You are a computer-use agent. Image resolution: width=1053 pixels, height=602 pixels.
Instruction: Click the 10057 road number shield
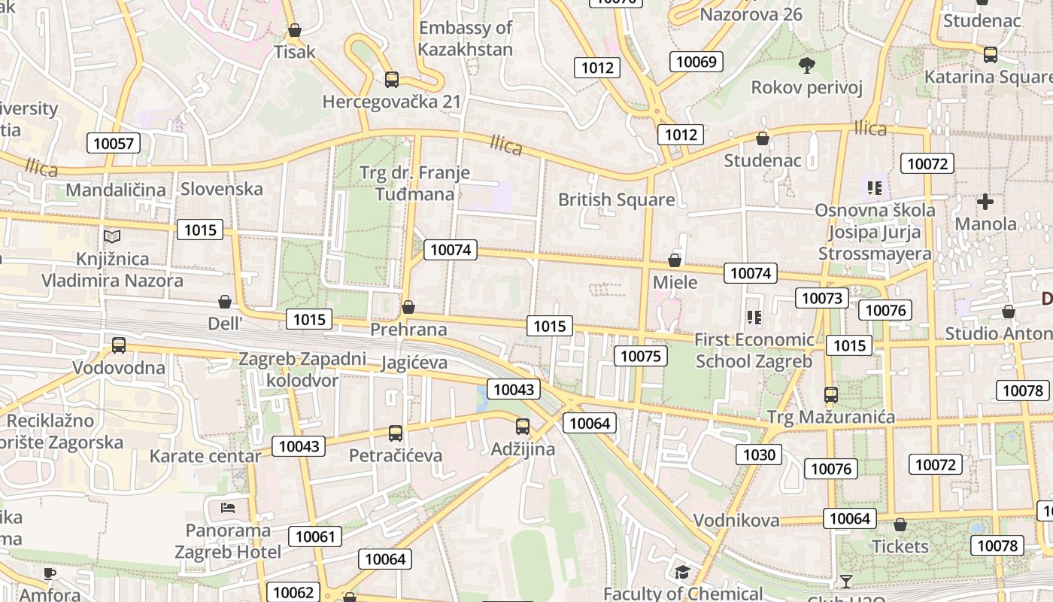pos(114,143)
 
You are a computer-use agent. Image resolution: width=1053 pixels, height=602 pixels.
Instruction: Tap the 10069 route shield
pos(696,62)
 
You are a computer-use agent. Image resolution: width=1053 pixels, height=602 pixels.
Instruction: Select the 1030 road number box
pos(759,455)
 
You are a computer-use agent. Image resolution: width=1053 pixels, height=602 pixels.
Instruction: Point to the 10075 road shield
pos(641,356)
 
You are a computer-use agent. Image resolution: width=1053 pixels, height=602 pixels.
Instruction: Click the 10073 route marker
pos(821,298)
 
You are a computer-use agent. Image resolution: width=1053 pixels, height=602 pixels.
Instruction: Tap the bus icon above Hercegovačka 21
pos(391,79)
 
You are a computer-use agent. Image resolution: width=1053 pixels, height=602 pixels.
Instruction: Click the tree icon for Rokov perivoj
pos(807,65)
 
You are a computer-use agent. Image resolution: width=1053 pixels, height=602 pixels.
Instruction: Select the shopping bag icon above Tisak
pos(295,30)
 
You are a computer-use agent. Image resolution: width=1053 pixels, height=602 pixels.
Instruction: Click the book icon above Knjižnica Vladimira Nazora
pos(112,236)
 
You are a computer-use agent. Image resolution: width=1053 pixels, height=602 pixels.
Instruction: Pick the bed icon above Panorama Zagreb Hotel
pos(228,507)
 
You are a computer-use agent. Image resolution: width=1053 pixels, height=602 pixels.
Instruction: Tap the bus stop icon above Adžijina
pos(523,427)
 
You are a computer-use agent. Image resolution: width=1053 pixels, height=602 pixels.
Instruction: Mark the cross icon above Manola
pos(985,202)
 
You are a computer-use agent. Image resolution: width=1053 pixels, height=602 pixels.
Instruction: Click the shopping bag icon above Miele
pos(675,260)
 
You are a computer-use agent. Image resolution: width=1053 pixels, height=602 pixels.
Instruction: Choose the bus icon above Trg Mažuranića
pos(830,394)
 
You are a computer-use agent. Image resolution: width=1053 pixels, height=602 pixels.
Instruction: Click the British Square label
pos(616,199)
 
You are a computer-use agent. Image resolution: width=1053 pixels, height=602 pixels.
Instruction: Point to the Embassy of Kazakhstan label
pos(466,39)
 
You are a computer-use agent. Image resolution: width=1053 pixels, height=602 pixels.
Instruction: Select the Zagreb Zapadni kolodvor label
pos(302,369)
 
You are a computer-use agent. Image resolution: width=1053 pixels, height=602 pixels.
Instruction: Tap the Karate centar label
pos(205,456)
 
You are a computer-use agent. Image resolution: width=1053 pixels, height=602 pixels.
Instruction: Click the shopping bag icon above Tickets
pos(900,524)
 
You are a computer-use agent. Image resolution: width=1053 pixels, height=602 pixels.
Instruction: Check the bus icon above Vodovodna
pos(119,345)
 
